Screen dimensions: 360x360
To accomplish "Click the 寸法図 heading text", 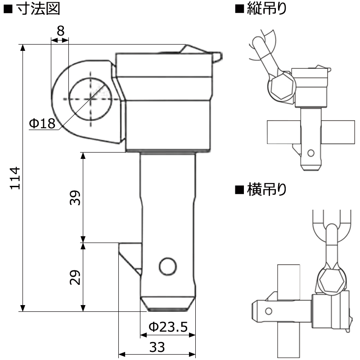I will [37, 9].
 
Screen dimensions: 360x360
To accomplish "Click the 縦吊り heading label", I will [267, 9].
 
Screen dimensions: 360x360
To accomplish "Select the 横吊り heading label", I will [267, 190].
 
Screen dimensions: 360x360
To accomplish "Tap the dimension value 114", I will [15, 178].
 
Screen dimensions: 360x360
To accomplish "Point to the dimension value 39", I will [76, 198].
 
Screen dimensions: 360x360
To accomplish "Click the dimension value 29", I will [76, 277].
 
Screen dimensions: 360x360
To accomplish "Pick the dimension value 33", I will [157, 347].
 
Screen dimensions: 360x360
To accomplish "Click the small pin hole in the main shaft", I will [167, 266].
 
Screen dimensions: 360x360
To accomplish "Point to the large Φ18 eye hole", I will [90, 98].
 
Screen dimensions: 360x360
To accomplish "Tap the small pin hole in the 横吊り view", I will [269, 310].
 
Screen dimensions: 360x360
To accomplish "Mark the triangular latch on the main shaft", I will [130, 256].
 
